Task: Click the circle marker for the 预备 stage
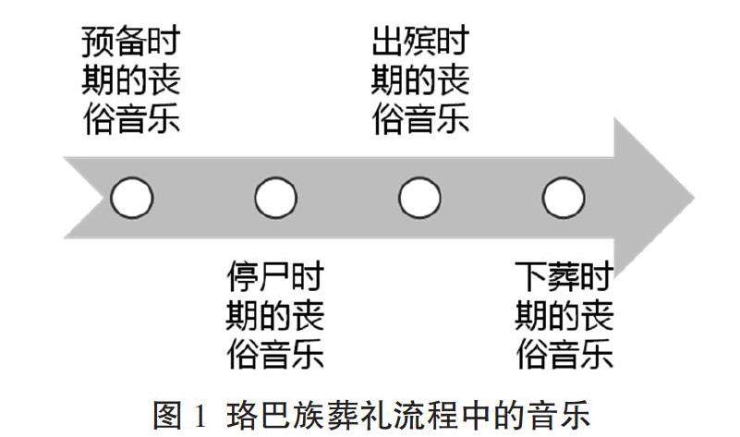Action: click(x=130, y=197)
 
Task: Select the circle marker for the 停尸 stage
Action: click(x=275, y=197)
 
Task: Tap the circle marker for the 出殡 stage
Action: click(x=420, y=197)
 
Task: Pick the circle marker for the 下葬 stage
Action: click(x=564, y=197)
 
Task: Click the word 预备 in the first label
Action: click(x=114, y=42)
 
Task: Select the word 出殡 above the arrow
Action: click(x=404, y=42)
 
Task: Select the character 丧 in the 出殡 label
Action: click(x=453, y=81)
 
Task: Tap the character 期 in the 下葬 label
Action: click(x=532, y=315)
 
